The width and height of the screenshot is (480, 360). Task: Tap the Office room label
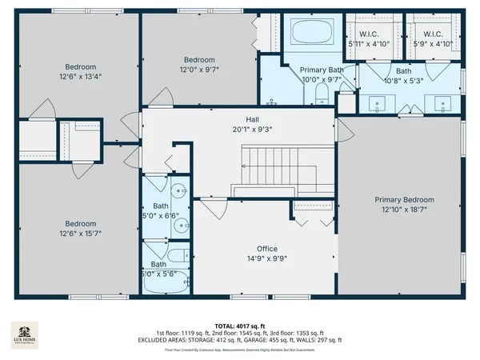point(266,248)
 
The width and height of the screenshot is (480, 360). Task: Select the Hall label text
point(251,119)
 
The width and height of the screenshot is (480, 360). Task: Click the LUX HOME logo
point(25,334)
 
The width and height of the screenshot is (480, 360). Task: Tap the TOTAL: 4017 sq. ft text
point(240,326)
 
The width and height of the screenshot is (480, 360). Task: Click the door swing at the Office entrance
point(212,210)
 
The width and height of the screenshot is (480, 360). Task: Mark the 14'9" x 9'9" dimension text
point(266,258)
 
